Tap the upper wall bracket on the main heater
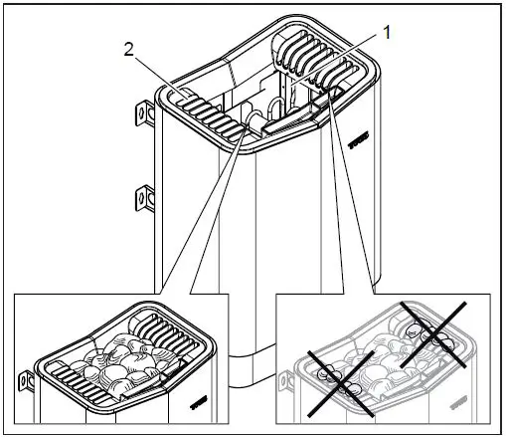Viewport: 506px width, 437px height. click(x=144, y=115)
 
